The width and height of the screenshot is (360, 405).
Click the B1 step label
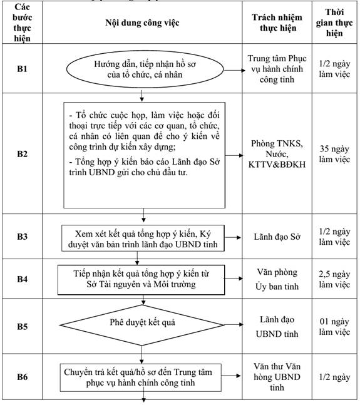pyautogui.click(x=22, y=69)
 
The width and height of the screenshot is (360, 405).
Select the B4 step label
pyautogui.click(x=22, y=279)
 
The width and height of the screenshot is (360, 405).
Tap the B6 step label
pyautogui.click(x=22, y=377)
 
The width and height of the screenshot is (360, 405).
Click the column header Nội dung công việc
pyautogui.click(x=142, y=23)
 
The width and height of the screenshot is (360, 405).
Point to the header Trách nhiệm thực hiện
pyautogui.click(x=277, y=23)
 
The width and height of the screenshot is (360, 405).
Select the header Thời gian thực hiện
pyautogui.click(x=334, y=23)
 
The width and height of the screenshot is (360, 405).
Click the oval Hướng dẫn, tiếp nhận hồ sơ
pyautogui.click(x=145, y=69)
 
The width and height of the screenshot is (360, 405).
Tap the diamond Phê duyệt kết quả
pyautogui.click(x=141, y=325)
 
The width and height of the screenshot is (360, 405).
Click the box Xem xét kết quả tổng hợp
pyautogui.click(x=143, y=238)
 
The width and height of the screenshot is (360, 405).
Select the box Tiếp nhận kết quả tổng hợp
pyautogui.click(x=141, y=280)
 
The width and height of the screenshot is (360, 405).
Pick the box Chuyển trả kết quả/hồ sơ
pyautogui.click(x=141, y=377)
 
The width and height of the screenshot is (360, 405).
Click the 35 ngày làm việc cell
pyautogui.click(x=334, y=154)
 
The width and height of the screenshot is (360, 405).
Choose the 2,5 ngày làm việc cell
pyautogui.click(x=334, y=279)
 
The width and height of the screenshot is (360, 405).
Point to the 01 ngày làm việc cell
pyautogui.click(x=334, y=327)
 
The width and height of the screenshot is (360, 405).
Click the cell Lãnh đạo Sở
pyautogui.click(x=277, y=237)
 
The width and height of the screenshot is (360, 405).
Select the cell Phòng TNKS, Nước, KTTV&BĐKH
pyautogui.click(x=277, y=154)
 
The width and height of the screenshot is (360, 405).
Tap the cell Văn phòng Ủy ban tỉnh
pyautogui.click(x=277, y=279)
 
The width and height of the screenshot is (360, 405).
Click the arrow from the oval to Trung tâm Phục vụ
pyautogui.click(x=235, y=70)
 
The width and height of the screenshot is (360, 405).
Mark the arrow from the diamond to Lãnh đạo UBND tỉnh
pyautogui.click(x=234, y=324)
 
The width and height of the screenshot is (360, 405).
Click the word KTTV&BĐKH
pyautogui.click(x=277, y=165)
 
